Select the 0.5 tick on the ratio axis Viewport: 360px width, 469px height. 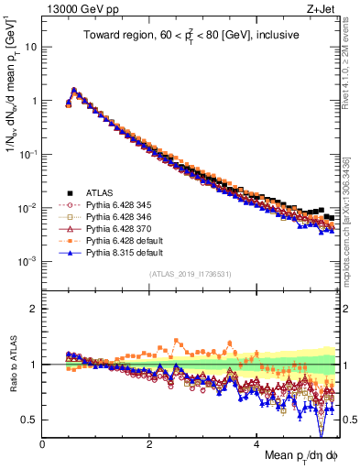point(30,420)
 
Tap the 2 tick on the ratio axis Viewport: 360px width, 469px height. point(34,309)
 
